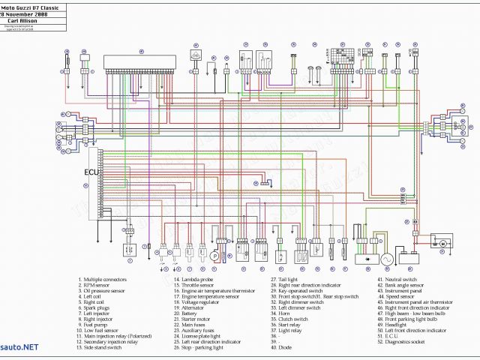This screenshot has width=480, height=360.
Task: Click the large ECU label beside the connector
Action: pyautogui.click(x=90, y=171)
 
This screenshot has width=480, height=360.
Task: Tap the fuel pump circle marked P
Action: pyautogui.click(x=214, y=256)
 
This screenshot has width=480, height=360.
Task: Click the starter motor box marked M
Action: pyautogui.click(x=442, y=243)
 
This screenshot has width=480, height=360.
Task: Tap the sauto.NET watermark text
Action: pyautogui.click(x=19, y=347)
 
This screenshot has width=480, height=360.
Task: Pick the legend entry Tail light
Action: pyautogui.click(x=288, y=279)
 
